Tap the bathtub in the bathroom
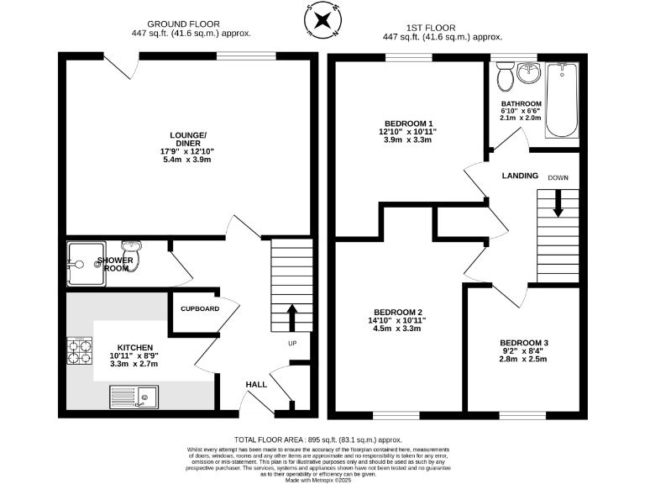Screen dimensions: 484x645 tap(559, 102)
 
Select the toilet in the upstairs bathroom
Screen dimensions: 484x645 tap(506, 79)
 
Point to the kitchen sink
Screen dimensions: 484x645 tap(134, 396)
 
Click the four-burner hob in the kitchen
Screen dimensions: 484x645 tap(81, 352)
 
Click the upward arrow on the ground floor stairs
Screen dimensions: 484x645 tap(292, 317)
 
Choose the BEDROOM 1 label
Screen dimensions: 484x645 tap(407, 124)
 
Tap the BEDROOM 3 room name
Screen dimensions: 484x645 tap(523, 343)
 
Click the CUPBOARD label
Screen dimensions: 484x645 tap(200, 309)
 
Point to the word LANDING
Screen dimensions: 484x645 tap(520, 176)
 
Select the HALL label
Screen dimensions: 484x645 tap(256, 384)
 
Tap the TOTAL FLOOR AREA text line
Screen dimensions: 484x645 tap(317, 440)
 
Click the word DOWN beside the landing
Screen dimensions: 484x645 tap(558, 178)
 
